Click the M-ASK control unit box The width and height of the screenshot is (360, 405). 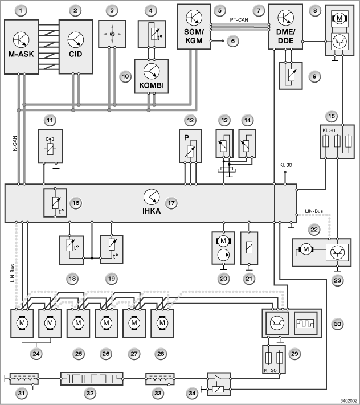[22, 47]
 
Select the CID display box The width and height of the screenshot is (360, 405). [76, 47]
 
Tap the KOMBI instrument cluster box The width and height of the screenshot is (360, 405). [152, 76]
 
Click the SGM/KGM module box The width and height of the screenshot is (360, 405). [194, 26]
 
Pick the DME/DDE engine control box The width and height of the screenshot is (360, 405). [285, 26]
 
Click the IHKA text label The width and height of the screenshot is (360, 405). [152, 211]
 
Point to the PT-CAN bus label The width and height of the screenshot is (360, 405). [239, 19]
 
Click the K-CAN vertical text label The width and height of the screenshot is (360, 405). [15, 144]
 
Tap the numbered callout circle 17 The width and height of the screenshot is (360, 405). [171, 203]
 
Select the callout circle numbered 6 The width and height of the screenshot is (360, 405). [233, 41]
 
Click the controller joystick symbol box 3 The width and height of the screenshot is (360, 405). [112, 34]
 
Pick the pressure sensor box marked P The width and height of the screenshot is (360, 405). [191, 146]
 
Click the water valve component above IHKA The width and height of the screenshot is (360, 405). [50, 146]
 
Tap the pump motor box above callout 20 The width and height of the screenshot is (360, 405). [223, 248]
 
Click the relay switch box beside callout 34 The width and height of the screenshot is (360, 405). [219, 384]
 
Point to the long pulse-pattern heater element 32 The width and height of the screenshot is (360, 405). [92, 379]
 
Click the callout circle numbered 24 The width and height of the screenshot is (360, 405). [36, 354]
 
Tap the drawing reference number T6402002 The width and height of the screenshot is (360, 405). [347, 400]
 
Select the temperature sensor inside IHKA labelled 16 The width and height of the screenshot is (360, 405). [55, 203]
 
